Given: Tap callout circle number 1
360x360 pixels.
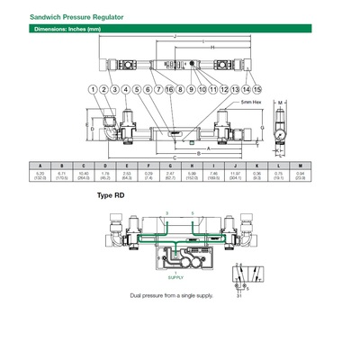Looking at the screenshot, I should tap(93, 90).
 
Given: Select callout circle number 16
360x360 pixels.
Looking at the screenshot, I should tap(168, 90).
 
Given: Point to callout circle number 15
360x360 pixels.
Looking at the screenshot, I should tap(256, 90).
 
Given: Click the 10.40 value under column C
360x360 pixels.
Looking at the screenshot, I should tap(84, 173).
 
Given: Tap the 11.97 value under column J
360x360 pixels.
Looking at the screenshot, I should tap(236, 173).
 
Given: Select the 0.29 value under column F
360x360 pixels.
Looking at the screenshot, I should tap(148, 173).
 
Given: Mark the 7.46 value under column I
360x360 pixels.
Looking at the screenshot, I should tap(214, 173).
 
